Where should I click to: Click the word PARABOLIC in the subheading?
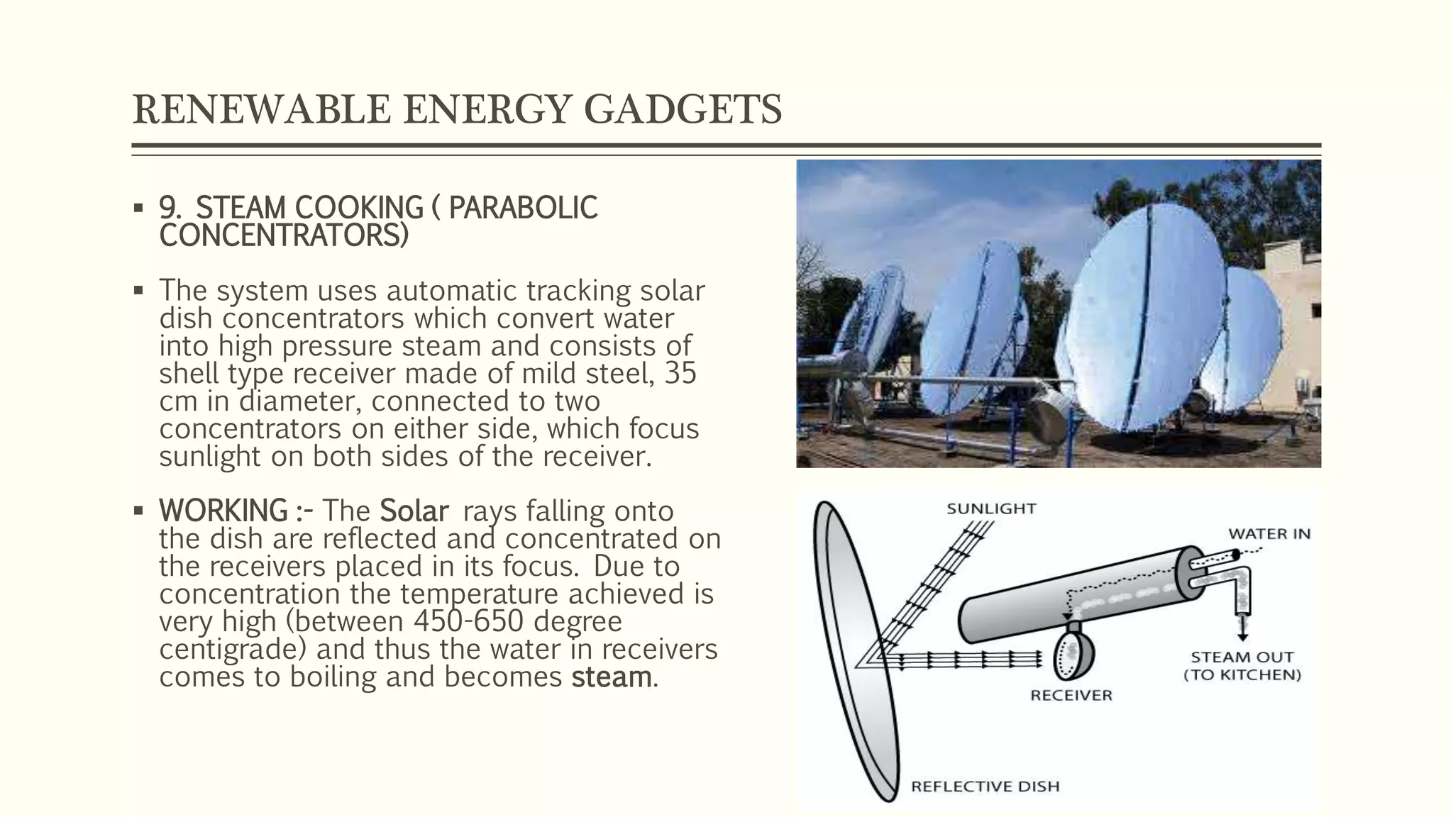(x=523, y=208)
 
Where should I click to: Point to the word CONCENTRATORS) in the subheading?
(x=284, y=235)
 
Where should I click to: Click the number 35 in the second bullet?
(x=680, y=374)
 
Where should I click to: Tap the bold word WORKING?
(x=223, y=511)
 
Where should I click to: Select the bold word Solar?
(x=414, y=511)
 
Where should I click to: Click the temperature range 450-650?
(x=468, y=621)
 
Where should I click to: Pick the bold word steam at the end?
(x=611, y=677)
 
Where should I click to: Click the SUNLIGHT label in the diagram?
(x=991, y=508)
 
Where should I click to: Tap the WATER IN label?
(x=1269, y=534)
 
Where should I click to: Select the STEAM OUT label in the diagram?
(x=1242, y=657)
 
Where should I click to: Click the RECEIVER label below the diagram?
(x=1071, y=696)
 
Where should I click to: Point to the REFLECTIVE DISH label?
(x=985, y=787)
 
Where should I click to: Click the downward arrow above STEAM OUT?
(x=1243, y=627)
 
